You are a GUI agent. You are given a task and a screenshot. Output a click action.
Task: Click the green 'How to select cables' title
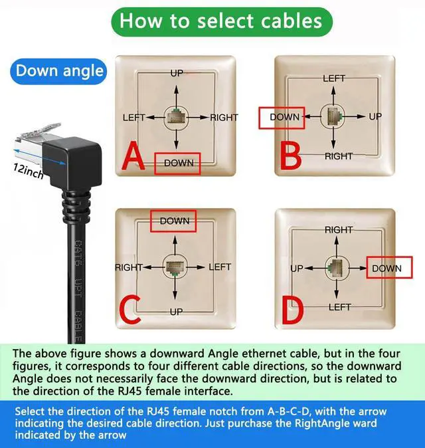point(220,21)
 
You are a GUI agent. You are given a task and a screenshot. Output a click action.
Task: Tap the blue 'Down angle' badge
point(60,71)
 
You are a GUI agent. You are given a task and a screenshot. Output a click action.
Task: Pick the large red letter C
point(130,309)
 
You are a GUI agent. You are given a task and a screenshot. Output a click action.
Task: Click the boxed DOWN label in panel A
point(177,163)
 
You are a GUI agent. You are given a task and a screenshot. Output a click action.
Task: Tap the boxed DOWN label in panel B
point(283,117)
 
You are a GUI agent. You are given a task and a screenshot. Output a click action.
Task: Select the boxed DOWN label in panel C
point(175,221)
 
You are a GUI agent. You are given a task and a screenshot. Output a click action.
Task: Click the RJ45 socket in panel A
point(176,117)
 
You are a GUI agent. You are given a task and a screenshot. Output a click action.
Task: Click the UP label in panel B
point(375,116)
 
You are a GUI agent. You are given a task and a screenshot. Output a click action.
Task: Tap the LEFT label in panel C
point(220,267)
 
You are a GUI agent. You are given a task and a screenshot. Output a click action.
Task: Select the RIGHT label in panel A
point(224,118)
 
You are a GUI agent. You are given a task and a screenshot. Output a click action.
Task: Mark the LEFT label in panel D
point(339,307)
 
